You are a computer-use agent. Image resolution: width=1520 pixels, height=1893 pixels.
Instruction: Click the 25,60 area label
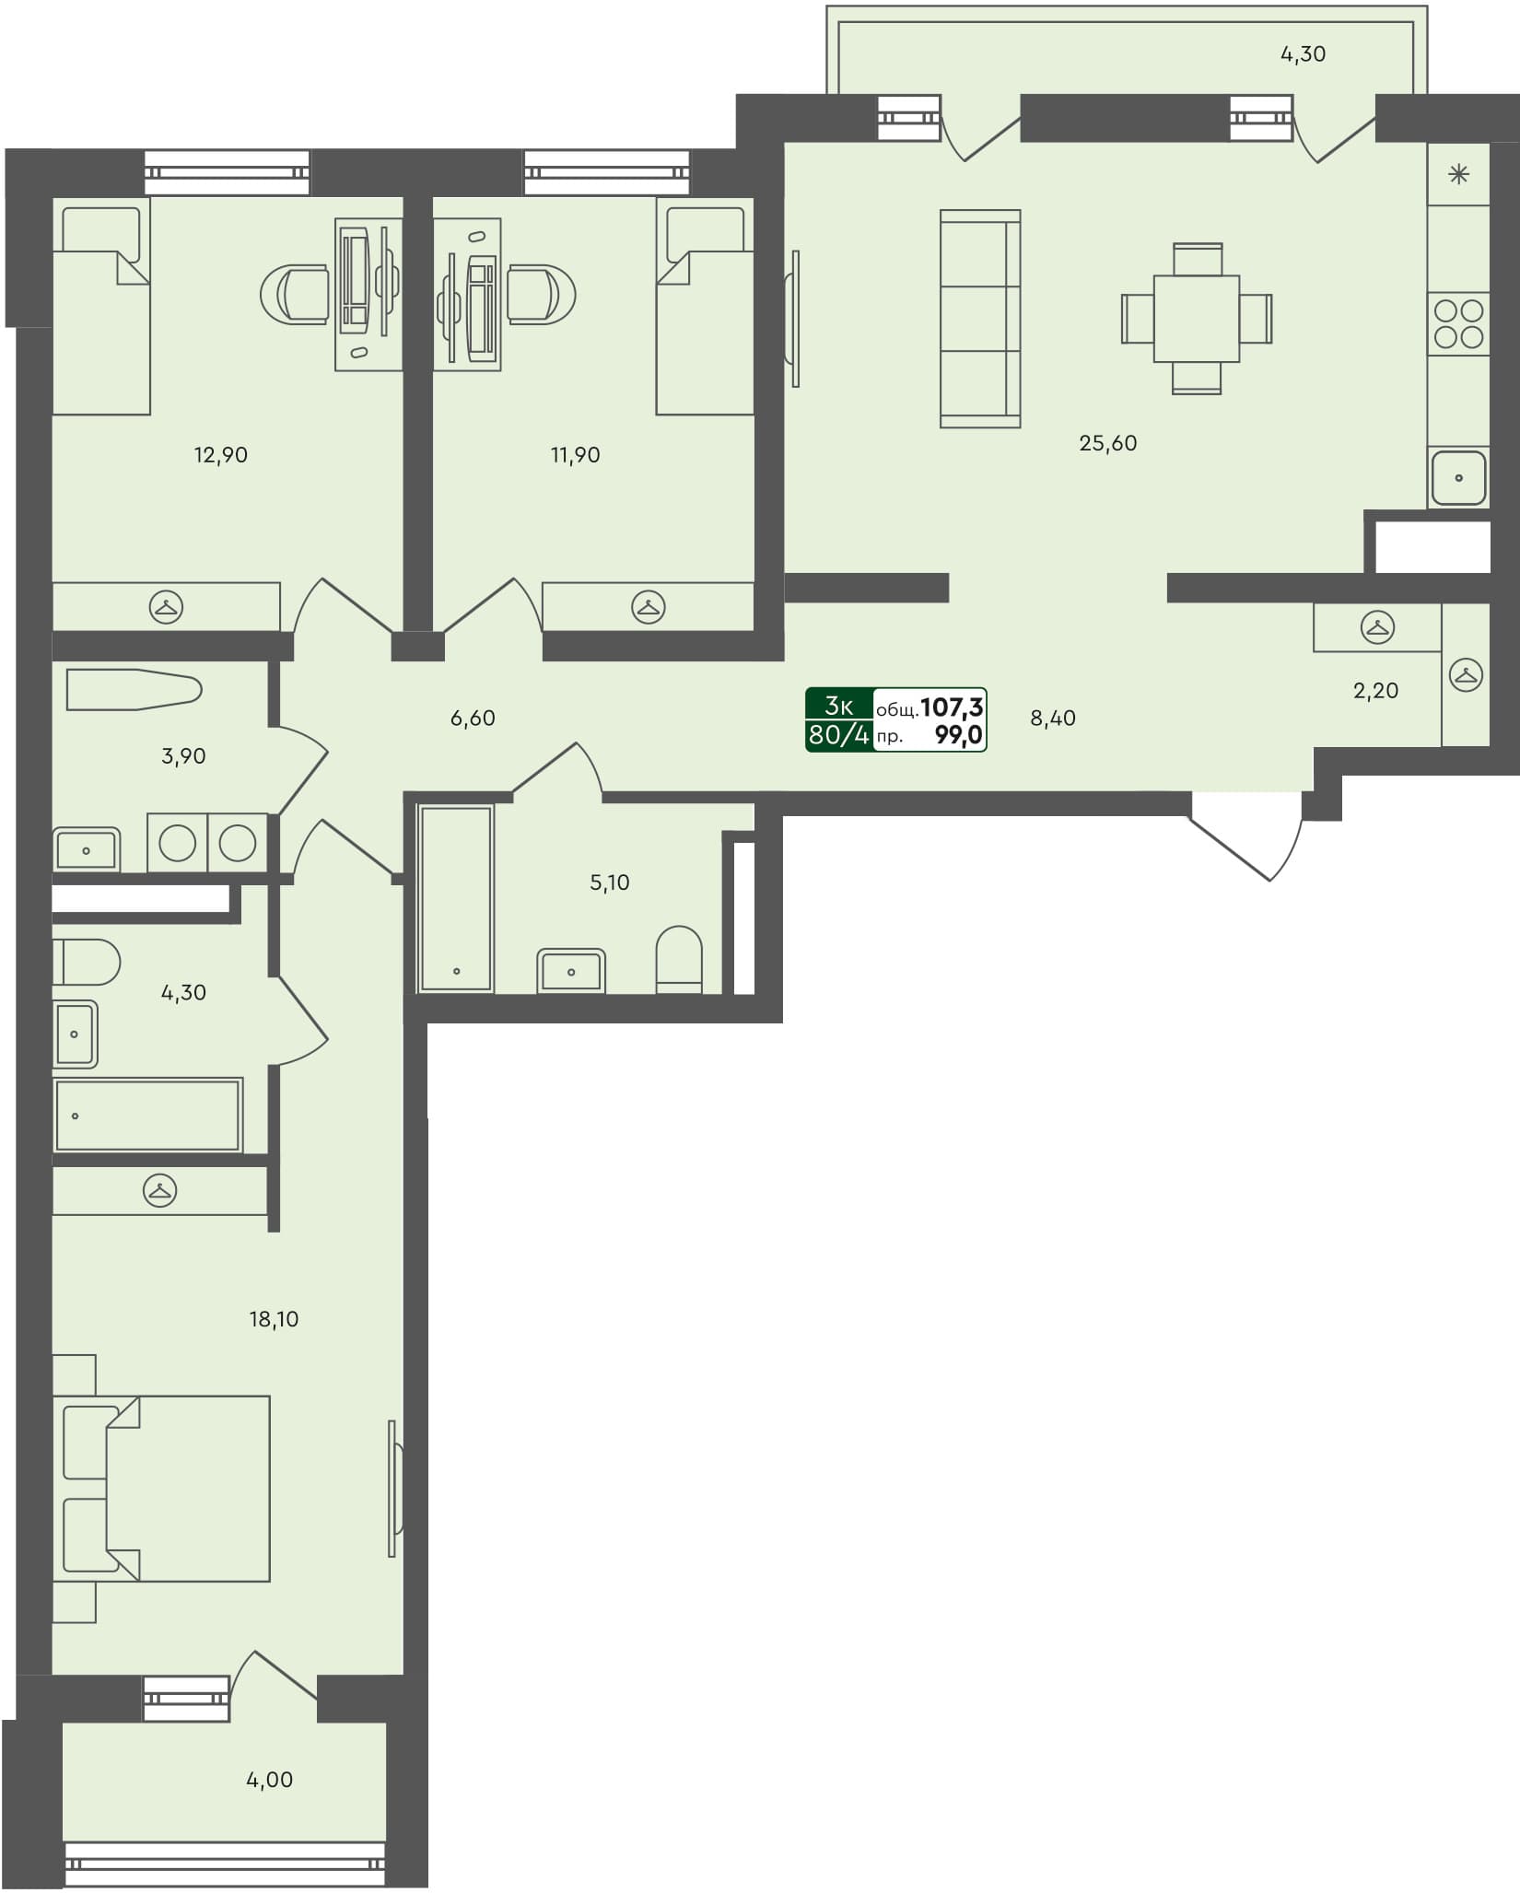(x=1107, y=443)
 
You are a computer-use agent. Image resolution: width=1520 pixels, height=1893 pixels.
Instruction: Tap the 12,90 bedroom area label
(x=220, y=455)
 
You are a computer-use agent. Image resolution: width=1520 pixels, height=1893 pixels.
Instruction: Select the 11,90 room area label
(x=575, y=455)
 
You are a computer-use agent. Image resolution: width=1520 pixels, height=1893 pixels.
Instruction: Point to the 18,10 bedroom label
(x=274, y=1319)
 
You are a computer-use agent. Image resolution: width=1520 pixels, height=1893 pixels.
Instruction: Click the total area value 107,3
(x=952, y=707)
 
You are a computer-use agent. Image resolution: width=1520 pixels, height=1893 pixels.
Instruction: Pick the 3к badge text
(x=838, y=706)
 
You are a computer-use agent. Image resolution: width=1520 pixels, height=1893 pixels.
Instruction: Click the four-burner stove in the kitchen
(x=1458, y=323)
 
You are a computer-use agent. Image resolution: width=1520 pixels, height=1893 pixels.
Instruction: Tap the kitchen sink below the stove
(x=1458, y=477)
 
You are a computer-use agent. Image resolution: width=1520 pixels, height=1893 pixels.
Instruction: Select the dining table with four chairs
(x=1196, y=318)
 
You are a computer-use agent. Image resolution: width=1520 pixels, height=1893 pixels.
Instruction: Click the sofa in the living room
(x=979, y=319)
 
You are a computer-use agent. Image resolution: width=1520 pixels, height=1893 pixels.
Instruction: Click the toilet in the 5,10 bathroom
(x=679, y=960)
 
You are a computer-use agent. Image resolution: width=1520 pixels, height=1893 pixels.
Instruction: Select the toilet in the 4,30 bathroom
(x=86, y=963)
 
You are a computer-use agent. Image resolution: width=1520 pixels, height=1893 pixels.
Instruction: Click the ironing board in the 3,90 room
(x=134, y=691)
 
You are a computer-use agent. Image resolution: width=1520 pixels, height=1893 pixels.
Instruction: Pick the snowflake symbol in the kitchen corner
(x=1458, y=174)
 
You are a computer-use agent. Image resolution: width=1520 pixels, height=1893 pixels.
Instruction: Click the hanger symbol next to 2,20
(x=1376, y=627)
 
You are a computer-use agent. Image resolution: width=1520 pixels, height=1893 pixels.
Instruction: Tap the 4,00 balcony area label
(x=269, y=1780)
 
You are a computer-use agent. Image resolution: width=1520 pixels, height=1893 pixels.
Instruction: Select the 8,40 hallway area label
(x=1052, y=719)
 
